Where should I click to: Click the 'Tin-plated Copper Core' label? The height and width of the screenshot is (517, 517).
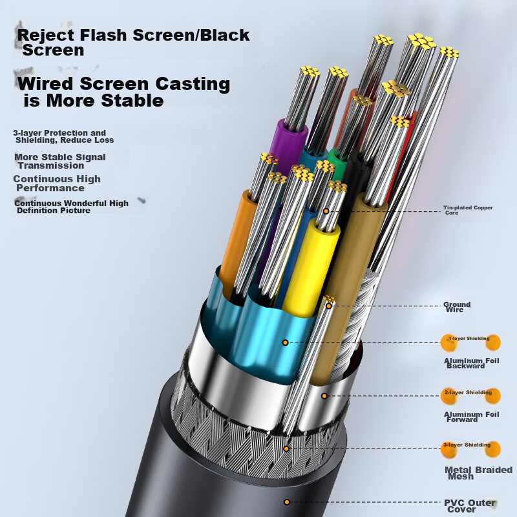468,210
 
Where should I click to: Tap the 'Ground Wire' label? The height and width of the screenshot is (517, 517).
456,307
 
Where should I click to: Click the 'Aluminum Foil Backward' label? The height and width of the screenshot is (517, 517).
471,363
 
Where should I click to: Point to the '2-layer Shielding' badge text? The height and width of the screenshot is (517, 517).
468,392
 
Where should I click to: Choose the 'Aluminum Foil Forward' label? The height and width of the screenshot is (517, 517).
471,417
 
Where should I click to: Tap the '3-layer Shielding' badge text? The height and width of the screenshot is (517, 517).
467,445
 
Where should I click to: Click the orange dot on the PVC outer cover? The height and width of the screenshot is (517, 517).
286,501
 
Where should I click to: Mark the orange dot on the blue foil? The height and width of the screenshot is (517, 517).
284,342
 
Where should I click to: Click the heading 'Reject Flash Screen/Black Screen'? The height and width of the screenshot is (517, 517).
133,42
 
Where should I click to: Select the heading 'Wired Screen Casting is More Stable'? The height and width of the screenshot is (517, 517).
123,92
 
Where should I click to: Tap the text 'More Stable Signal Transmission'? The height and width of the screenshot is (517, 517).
59,161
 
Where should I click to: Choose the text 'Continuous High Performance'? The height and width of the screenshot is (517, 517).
57,184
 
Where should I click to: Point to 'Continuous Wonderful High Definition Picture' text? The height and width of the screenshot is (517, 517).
71,207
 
